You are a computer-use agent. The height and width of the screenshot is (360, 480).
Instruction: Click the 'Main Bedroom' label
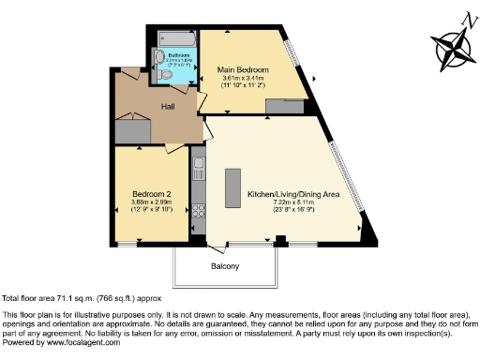click(244, 70)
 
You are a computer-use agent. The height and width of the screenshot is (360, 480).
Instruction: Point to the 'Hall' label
click(170, 107)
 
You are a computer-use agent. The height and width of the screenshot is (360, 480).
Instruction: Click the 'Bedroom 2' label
click(150, 194)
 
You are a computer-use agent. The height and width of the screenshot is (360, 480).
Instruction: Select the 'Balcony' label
click(224, 266)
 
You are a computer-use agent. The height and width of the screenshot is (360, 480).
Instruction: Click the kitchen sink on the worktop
click(199, 171)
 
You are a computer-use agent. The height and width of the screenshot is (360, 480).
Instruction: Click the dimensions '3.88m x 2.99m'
click(150, 202)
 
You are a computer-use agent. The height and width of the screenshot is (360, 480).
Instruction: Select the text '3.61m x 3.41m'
click(244, 79)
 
